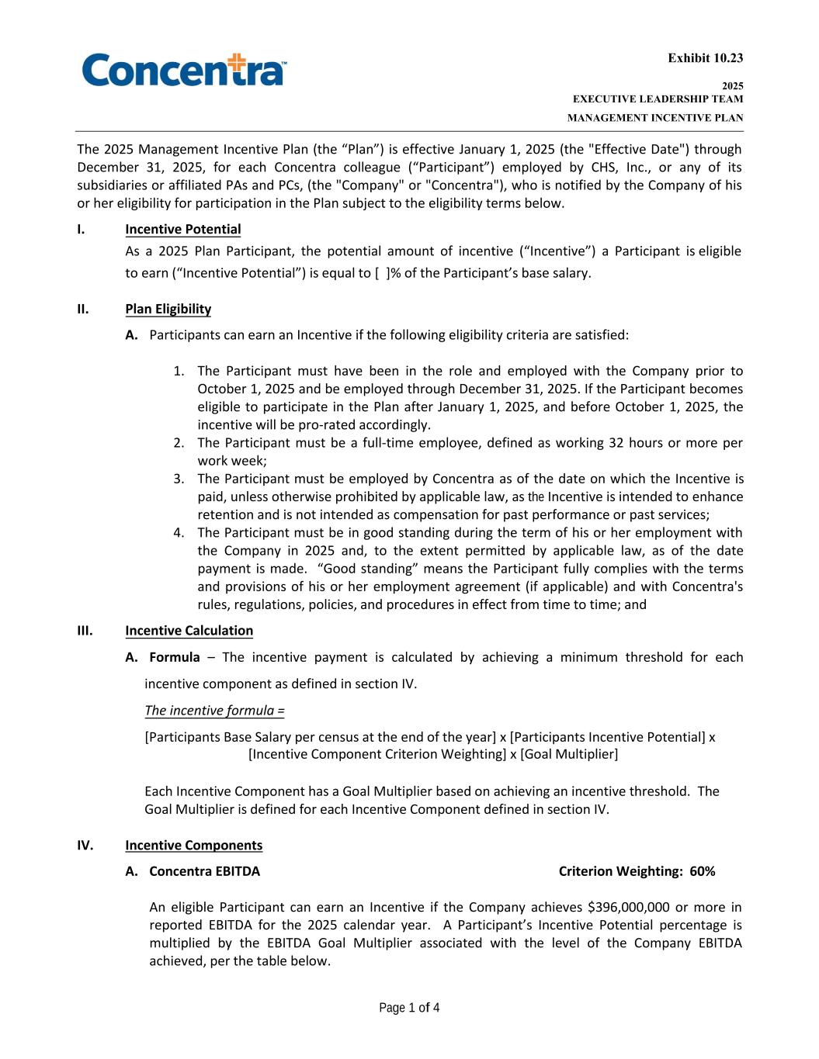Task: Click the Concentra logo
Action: point(184,69)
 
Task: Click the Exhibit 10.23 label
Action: point(705,58)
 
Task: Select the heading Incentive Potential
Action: point(182,230)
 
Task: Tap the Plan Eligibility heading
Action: point(168,310)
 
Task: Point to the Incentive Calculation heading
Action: point(189,631)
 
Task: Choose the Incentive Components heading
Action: point(193,846)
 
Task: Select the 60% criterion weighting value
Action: point(702,871)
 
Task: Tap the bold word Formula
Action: point(174,658)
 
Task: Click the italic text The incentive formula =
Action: point(214,711)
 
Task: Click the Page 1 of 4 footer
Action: point(409,1009)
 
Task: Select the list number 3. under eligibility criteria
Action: point(179,479)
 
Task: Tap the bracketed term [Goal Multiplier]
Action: point(569,755)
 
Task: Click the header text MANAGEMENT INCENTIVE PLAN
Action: point(654,119)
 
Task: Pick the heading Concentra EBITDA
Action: point(204,871)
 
